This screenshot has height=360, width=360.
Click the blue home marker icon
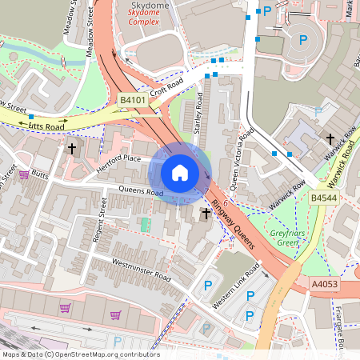point(180,173)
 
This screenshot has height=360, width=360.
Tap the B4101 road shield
point(132,100)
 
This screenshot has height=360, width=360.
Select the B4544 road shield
point(324,197)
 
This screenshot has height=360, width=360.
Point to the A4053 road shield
point(325,283)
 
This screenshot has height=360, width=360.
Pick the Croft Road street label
point(166,87)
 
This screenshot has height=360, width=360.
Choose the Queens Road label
point(140,193)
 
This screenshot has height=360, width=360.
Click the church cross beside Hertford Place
point(71,148)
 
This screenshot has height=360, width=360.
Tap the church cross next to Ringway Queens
point(206,214)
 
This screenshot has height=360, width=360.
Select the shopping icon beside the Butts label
point(24,174)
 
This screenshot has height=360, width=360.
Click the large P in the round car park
point(302,39)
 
